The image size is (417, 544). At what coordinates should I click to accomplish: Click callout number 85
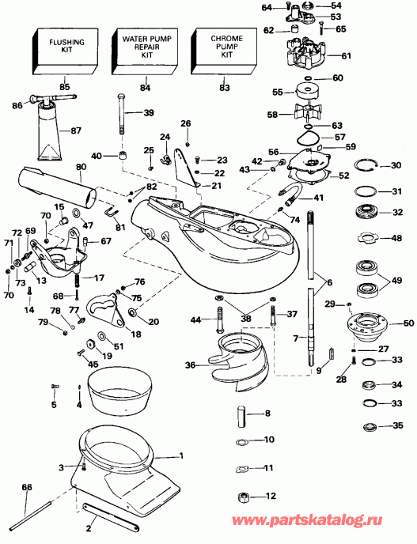pos(65,87)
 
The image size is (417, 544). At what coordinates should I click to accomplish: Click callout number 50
pos(409,323)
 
